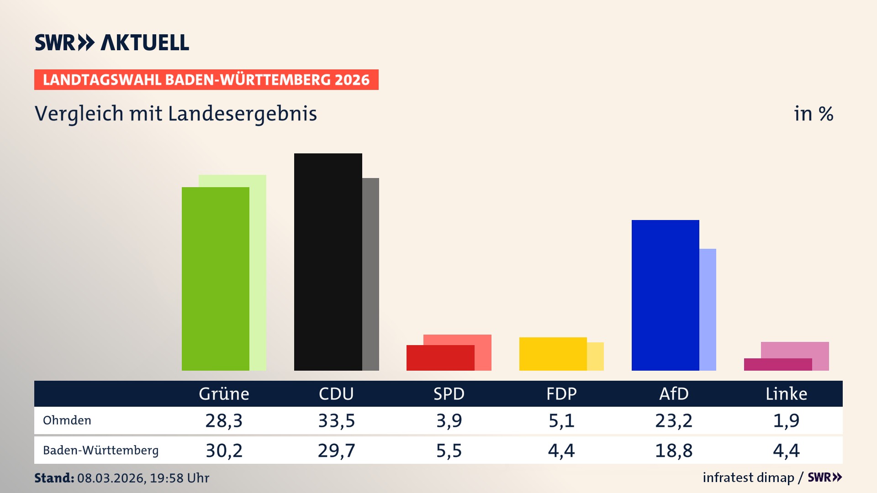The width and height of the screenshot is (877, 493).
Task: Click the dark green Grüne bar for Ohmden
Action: coord(216,278)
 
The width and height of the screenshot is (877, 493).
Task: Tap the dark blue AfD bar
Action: coord(665,295)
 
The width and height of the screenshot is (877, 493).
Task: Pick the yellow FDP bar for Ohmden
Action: coord(553,354)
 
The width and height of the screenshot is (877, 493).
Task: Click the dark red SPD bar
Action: coord(440,358)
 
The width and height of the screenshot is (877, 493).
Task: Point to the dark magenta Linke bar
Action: coord(777,364)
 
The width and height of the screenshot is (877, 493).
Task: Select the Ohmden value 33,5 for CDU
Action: coord(336,420)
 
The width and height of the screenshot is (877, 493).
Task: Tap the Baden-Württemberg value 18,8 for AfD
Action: coord(674,451)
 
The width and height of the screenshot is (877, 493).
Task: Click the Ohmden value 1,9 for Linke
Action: coord(786,420)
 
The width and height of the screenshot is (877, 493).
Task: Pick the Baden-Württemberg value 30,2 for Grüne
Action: coord(224,451)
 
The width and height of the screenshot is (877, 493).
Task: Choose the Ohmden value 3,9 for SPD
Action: coord(449,420)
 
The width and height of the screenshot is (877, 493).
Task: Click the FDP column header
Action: coord(561,393)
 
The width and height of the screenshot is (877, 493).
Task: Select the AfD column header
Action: coord(674,393)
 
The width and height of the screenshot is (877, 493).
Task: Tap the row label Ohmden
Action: coord(67,420)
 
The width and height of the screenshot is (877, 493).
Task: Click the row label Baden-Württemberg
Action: coord(100,451)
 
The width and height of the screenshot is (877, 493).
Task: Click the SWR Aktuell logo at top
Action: coord(112,42)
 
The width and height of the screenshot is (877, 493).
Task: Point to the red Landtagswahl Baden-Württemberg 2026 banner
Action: coord(206,79)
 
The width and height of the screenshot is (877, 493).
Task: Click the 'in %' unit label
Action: coord(813,114)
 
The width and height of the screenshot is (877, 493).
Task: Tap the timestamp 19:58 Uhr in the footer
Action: coord(179,478)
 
